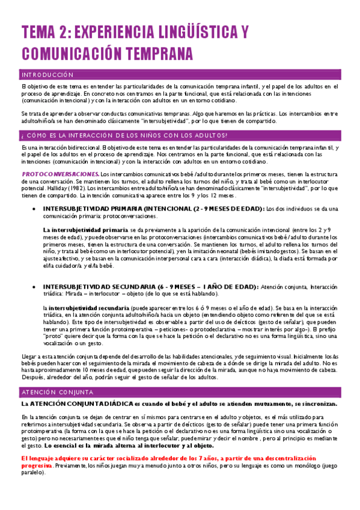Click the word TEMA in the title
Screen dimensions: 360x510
point(41,31)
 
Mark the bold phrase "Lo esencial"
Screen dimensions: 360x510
point(57,429)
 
